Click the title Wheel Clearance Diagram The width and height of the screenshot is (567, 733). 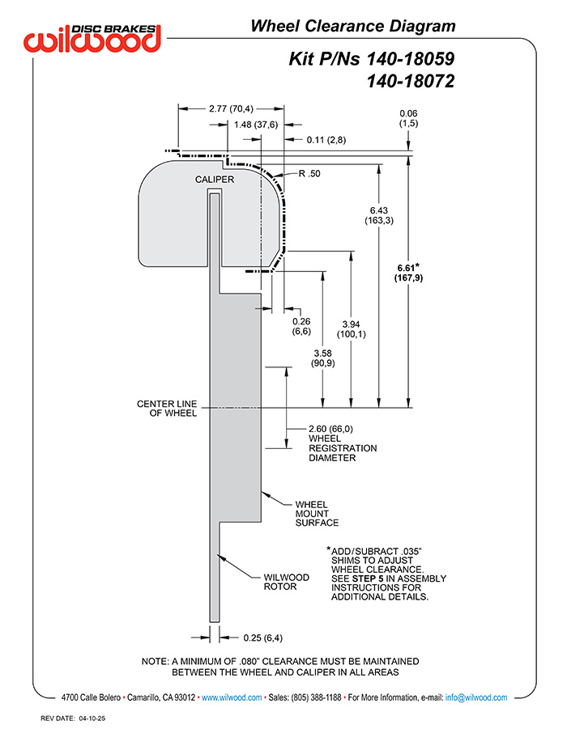pyautogui.click(x=352, y=26)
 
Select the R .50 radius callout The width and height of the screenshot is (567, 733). pyautogui.click(x=309, y=173)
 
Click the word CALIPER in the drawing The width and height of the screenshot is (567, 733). pyautogui.click(x=214, y=180)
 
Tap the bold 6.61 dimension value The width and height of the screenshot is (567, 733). pyautogui.click(x=408, y=267)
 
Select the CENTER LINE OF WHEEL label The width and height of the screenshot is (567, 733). pyautogui.click(x=167, y=408)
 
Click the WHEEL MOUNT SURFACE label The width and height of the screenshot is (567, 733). pyautogui.click(x=316, y=513)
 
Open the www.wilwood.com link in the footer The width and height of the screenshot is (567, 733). pyautogui.click(x=231, y=697)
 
